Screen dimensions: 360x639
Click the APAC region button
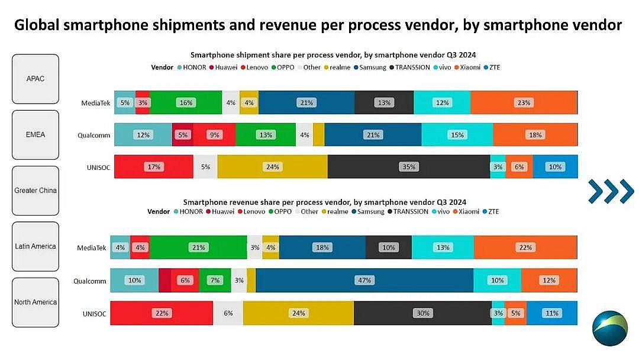coord(35,79)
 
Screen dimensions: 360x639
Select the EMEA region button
coord(35,134)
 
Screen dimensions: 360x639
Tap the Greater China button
coord(35,191)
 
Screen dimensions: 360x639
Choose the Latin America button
coord(35,246)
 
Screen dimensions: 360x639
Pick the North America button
coord(35,302)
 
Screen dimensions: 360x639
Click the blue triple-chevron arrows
coord(611,191)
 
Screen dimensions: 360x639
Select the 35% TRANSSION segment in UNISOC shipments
coord(408,167)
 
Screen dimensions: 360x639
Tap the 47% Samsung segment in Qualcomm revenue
coord(364,280)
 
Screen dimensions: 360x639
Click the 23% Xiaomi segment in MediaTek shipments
coord(524,102)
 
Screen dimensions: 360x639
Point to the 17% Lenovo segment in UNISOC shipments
coord(154,167)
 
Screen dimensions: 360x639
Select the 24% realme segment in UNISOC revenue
coord(298,313)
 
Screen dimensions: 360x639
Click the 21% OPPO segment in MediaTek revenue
coord(198,247)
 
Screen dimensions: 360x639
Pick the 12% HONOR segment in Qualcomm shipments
coord(143,135)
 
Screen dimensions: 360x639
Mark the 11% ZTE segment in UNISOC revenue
coord(551,313)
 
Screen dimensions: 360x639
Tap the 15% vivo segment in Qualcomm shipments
coord(457,135)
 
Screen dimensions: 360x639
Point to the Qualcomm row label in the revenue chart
coord(90,281)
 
